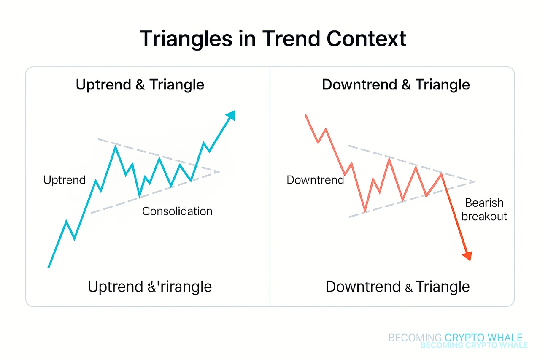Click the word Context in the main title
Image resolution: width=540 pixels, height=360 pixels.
tap(366, 39)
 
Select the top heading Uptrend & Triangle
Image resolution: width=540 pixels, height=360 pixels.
tap(140, 84)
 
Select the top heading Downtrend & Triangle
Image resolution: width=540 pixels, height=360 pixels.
tap(396, 84)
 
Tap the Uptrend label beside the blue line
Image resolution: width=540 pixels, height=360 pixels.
tap(64, 180)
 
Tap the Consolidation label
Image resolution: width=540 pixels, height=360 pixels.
tap(177, 211)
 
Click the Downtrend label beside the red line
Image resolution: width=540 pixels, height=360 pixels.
tap(315, 180)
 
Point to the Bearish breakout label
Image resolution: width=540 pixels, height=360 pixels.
tap(483, 209)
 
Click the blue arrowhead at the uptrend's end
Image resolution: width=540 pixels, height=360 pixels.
tap(230, 115)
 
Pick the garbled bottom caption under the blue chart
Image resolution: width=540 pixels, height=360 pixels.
tap(150, 287)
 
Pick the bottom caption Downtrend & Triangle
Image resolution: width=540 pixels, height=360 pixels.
tap(397, 287)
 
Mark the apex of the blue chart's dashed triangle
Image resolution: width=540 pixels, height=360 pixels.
tap(219, 172)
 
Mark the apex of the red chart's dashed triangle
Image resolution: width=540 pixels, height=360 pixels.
tap(475, 181)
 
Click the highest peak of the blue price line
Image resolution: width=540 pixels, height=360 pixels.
tap(115, 146)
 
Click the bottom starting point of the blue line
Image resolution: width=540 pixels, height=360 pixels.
tap(49, 267)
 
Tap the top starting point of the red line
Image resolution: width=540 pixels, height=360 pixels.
tap(305, 115)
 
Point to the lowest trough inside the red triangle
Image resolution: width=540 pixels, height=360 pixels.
tap(365, 210)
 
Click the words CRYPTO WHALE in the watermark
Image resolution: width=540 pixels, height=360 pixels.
tap(483, 338)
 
